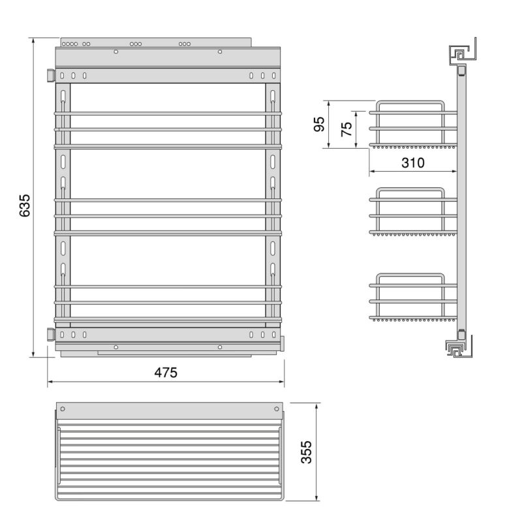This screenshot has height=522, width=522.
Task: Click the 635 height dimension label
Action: pos(24,205)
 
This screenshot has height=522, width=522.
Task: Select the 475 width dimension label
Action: pos(166,373)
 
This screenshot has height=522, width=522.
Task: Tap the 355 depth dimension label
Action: pos(306,452)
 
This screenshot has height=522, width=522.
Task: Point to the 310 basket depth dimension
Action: pos(412,163)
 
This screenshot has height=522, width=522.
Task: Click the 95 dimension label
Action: pos(320,125)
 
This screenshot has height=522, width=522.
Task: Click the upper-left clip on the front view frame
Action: pos(50,76)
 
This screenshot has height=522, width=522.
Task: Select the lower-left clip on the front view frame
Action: pos(50,334)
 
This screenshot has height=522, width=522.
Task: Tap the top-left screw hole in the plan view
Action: pos(63,409)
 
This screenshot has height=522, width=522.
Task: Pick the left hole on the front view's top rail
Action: pos(116,51)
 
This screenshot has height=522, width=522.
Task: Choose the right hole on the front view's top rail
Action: pos(220,51)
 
